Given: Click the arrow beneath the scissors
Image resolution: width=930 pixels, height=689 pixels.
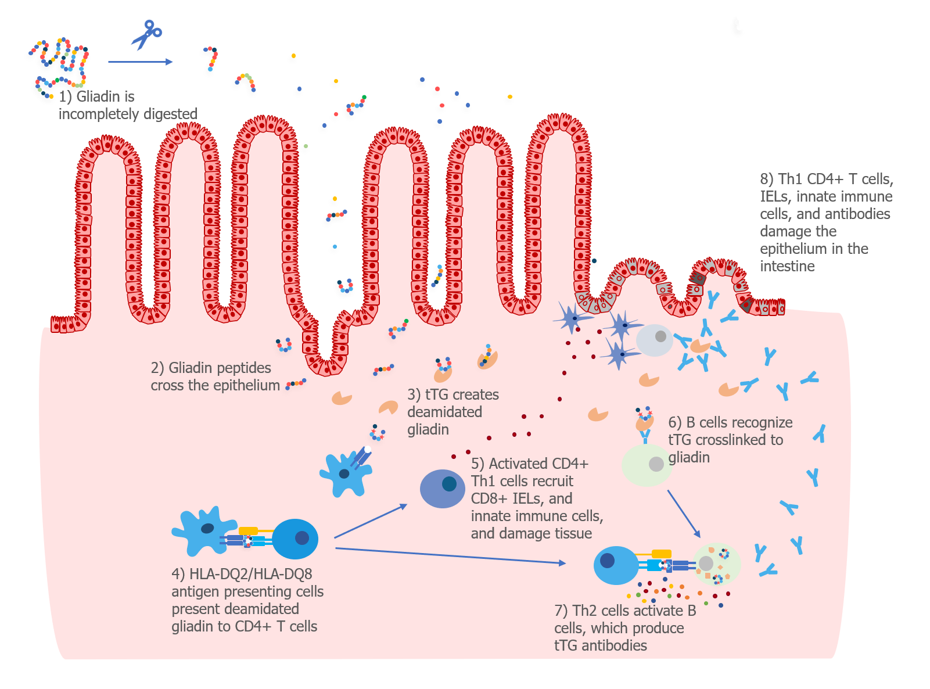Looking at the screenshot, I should pos(140,62).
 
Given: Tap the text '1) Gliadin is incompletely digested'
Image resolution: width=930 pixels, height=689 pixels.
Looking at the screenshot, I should pos(128,105).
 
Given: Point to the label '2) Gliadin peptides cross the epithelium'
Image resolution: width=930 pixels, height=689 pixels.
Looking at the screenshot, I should pos(215,376).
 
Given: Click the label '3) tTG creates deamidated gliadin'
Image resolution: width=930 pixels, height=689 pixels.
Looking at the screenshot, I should pos(453,412).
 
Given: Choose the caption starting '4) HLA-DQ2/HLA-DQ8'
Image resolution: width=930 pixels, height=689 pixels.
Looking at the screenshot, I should pos(247,600).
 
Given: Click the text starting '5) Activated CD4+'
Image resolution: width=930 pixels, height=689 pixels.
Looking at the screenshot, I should pos(536,498).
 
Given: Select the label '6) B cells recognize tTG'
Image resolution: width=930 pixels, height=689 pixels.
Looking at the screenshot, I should pos(730,440).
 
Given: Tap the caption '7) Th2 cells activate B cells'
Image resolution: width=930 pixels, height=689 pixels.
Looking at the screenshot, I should pos(624,628).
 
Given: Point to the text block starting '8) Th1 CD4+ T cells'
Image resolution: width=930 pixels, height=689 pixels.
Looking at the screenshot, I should pos(826,223).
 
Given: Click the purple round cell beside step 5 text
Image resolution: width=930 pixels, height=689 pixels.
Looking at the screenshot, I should pos(443,489).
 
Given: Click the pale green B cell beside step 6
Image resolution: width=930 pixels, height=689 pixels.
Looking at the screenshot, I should pos(647,465).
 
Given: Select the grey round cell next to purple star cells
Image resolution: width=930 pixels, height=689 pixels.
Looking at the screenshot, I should pos(655,340).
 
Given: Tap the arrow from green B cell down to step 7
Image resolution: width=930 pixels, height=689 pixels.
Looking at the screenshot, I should pos(684,514).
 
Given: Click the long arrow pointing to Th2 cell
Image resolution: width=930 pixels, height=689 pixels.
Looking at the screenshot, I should pos(450,555).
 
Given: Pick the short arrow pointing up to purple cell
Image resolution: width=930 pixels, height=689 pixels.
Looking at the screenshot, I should pos(371,521).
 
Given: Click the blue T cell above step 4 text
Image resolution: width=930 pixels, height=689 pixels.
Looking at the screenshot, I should pos(295,539).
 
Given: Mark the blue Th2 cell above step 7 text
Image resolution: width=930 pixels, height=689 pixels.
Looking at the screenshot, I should pos(616,565).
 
